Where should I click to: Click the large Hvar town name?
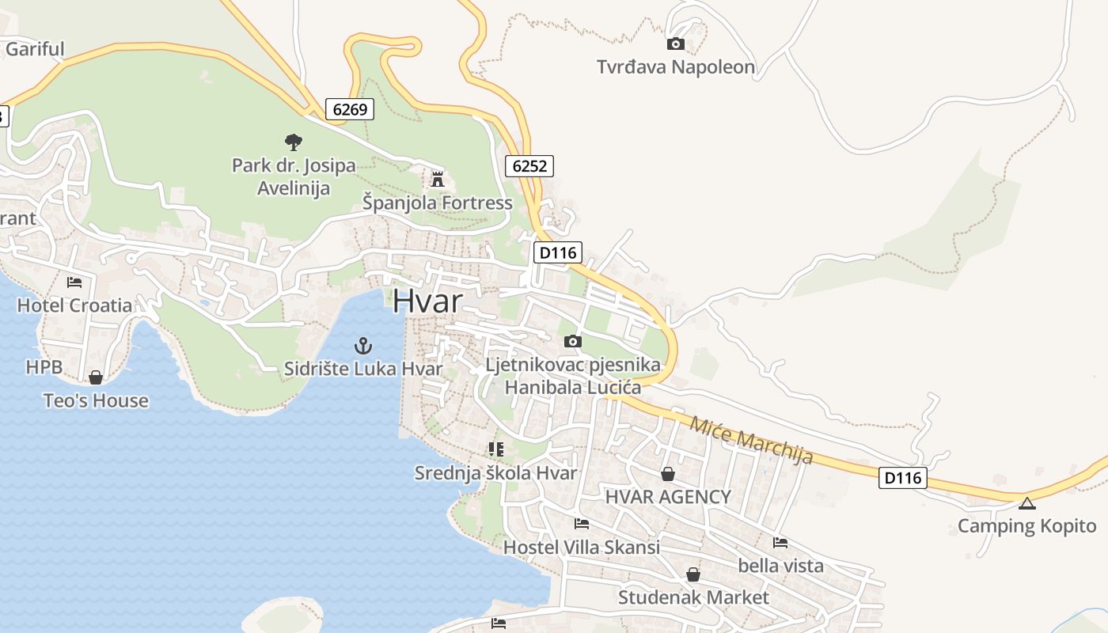pyautogui.click(x=427, y=301)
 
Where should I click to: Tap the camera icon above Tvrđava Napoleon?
pyautogui.click(x=676, y=44)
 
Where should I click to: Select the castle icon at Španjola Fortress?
pyautogui.click(x=437, y=179)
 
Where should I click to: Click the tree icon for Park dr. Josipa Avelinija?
pyautogui.click(x=294, y=142)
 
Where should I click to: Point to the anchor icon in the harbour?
pyautogui.click(x=362, y=345)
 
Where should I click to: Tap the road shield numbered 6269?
pyautogui.click(x=350, y=109)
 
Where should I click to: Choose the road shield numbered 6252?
pyautogui.click(x=529, y=166)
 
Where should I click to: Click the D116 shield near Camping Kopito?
pyautogui.click(x=902, y=478)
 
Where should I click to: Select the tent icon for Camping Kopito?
pyautogui.click(x=1026, y=503)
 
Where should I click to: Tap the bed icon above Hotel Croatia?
pyautogui.click(x=74, y=282)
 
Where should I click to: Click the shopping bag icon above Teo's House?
pyautogui.click(x=96, y=377)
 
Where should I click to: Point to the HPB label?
pyautogui.click(x=44, y=367)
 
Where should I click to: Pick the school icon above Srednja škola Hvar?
pyautogui.click(x=496, y=449)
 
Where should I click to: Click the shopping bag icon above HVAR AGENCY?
pyautogui.click(x=668, y=474)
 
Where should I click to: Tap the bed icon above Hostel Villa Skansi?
pyautogui.click(x=582, y=524)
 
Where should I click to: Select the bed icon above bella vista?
pyautogui.click(x=780, y=543)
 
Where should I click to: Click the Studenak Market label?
pyautogui.click(x=693, y=597)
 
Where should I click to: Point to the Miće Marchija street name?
pyautogui.click(x=751, y=440)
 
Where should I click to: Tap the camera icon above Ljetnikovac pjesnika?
pyautogui.click(x=573, y=342)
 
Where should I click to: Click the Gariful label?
pyautogui.click(x=35, y=49)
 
